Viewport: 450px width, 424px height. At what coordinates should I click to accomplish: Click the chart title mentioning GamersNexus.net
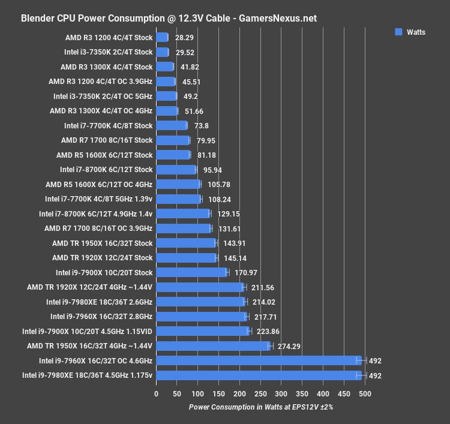[169, 18]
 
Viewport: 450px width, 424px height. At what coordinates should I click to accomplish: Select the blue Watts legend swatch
[398, 32]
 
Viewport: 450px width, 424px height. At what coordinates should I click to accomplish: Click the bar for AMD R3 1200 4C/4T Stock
[162, 37]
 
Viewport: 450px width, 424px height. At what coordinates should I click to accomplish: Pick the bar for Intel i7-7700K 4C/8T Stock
[172, 125]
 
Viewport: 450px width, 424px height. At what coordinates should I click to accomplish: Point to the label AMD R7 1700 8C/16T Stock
[107, 140]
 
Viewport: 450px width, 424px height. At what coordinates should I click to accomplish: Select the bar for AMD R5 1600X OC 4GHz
[178, 184]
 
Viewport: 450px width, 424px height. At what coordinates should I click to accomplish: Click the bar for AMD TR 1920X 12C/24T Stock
[186, 257]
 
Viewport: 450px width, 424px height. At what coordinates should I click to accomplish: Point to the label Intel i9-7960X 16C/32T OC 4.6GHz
[88, 360]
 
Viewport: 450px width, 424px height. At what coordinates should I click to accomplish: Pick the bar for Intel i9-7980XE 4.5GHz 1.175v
[259, 375]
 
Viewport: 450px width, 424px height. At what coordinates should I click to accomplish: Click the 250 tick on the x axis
[260, 394]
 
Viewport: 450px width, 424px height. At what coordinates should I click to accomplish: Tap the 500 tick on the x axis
[365, 394]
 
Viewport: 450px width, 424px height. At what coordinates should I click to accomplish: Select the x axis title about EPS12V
[260, 407]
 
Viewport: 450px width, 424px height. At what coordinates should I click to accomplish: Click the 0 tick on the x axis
[156, 394]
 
